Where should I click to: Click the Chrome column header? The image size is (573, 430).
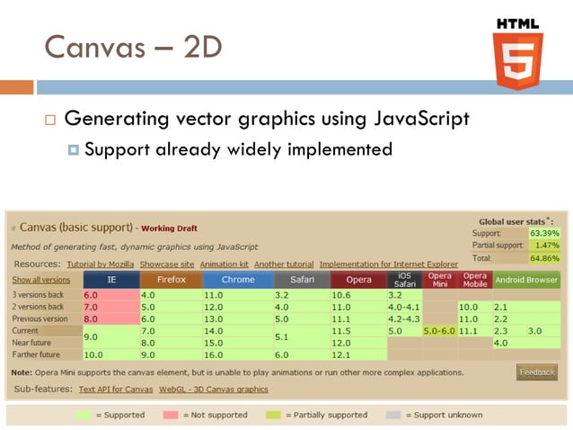tap(237, 279)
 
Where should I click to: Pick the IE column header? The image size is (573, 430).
tap(111, 279)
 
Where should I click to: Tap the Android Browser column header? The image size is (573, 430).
tap(526, 279)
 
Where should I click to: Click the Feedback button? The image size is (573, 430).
tap(537, 372)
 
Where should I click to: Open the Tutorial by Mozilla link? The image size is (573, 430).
tap(100, 264)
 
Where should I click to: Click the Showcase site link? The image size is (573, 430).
tap(167, 264)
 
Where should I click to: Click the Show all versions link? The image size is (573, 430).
tap(40, 280)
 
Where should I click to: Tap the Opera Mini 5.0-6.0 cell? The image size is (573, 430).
tap(439, 331)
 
